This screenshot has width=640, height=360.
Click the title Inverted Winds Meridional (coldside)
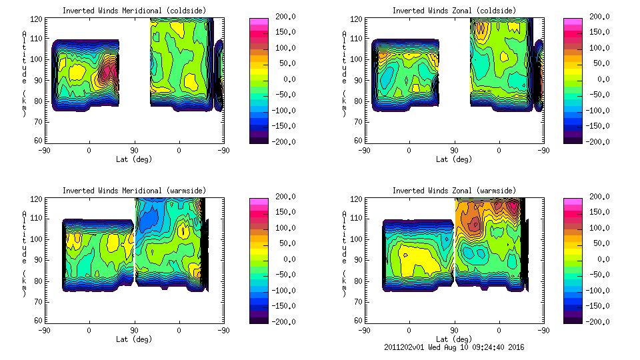click(134, 11)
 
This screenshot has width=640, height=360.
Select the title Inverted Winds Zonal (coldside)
click(453, 11)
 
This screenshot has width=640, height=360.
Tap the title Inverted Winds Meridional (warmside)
click(134, 191)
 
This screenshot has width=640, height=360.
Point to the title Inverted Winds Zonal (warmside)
click(453, 191)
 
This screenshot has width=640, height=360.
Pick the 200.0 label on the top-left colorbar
click(283, 17)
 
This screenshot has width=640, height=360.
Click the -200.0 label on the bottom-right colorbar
click(596, 322)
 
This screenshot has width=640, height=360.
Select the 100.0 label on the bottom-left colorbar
click(283, 228)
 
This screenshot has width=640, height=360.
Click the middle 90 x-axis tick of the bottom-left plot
click(134, 330)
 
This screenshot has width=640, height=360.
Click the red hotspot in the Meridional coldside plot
click(112, 69)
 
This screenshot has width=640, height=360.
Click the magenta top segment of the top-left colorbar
click(259, 21)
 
